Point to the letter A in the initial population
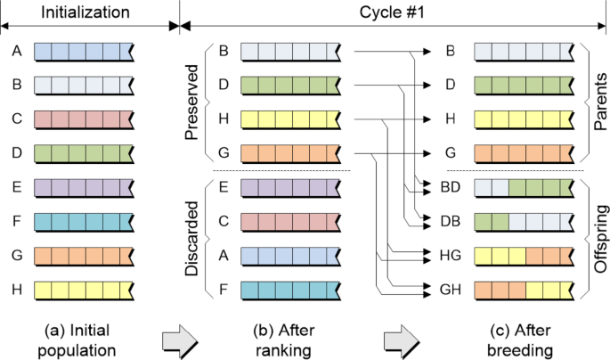tap(16, 52)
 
